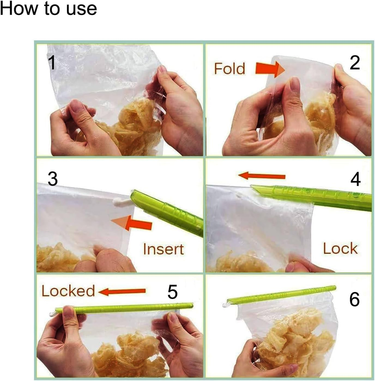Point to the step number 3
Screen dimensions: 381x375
tap(53, 179)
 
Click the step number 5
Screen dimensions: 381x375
tap(172, 292)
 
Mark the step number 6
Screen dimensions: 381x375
tap(354, 300)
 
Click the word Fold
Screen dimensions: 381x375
tap(229, 68)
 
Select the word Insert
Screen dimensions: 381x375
tap(164, 249)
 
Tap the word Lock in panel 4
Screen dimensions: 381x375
tap(340, 248)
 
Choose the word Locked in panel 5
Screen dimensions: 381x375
tap(68, 291)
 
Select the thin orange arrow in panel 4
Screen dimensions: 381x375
tap(262, 176)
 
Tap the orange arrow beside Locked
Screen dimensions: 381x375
tap(122, 292)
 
